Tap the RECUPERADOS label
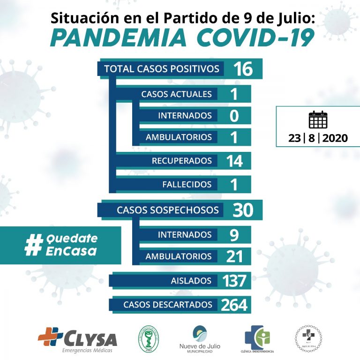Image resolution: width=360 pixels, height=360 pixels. click(181, 161)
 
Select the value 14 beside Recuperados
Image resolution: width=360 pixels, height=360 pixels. click(233, 161)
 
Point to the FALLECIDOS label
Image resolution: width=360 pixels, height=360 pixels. click(187, 184)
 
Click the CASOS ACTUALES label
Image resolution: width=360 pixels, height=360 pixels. click(176, 94)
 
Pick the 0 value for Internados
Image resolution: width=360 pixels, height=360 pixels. click(234, 116)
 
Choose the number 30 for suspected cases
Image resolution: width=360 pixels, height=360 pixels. click(242, 210)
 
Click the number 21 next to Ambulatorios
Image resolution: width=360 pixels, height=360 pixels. click(234, 256)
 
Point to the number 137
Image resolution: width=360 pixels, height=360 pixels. click(234, 281)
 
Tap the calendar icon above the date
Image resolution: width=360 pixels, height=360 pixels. click(318, 120)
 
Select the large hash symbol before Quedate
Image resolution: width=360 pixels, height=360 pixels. click(33, 245)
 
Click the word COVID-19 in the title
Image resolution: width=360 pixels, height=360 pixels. click(255, 38)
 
